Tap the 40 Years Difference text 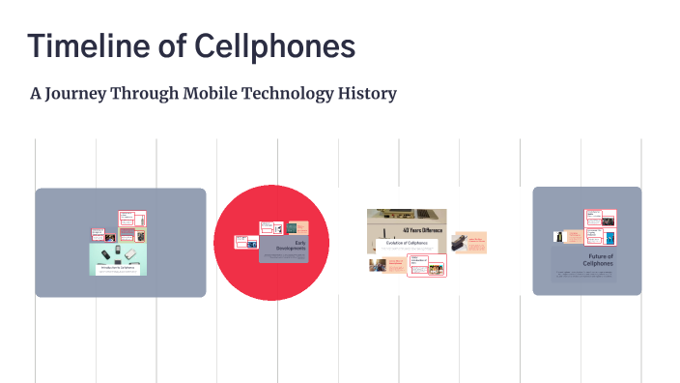pos(421,231)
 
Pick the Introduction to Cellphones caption pos(117,269)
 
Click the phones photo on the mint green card pos(117,254)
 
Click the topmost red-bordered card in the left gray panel pos(130,218)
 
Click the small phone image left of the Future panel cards pos(558,236)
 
